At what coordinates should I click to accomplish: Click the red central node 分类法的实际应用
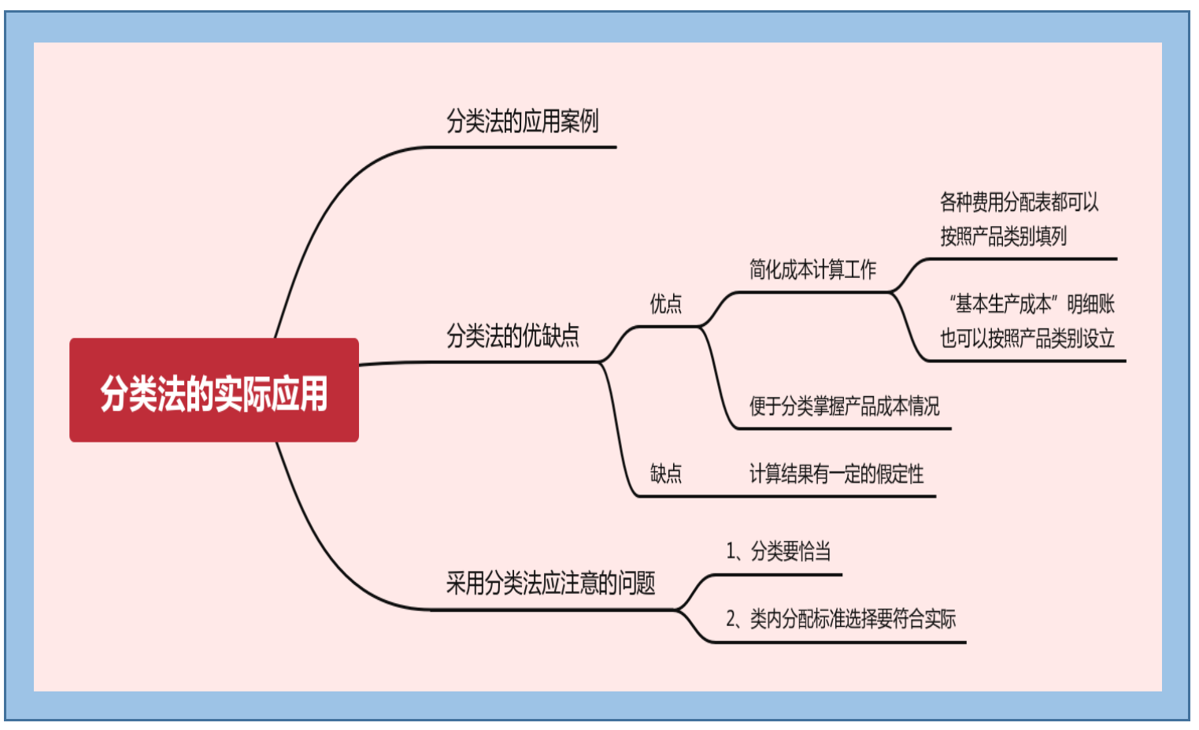[x=213, y=391]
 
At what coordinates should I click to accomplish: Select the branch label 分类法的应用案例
[x=522, y=121]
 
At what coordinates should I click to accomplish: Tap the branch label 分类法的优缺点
[x=513, y=336]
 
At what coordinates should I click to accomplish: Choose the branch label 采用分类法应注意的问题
[x=550, y=584]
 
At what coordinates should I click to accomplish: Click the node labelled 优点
[x=665, y=304]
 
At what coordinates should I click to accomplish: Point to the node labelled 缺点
[x=665, y=473]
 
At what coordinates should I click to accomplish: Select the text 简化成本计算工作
[x=812, y=270]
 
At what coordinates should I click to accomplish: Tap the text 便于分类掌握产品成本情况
[x=844, y=406]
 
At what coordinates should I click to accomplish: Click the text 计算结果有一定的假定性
[x=836, y=474]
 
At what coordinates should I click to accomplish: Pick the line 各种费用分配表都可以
[x=1019, y=202]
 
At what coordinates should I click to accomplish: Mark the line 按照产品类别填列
[x=1003, y=236]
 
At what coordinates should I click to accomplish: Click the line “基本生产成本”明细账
[x=1031, y=304]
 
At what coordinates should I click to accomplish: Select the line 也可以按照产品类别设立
[x=1027, y=339]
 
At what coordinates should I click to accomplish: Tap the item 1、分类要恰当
[x=778, y=551]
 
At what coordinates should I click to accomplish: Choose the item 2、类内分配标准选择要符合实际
[x=840, y=619]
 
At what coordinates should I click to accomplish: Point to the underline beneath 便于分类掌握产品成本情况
[x=842, y=428]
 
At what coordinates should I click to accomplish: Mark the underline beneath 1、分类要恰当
[x=775, y=575]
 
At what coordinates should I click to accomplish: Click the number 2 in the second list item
[x=731, y=620]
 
